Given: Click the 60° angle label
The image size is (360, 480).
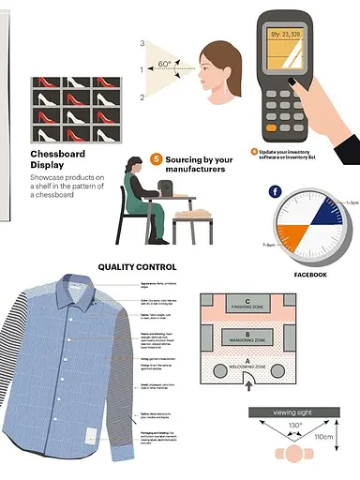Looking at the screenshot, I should (x=164, y=65).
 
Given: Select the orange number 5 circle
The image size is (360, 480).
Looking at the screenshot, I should (x=157, y=159).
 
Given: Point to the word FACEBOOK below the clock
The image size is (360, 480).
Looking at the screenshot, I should (x=310, y=275).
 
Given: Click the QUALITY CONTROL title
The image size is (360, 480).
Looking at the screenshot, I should (x=137, y=267).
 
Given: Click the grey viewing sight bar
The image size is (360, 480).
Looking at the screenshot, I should (x=293, y=412).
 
